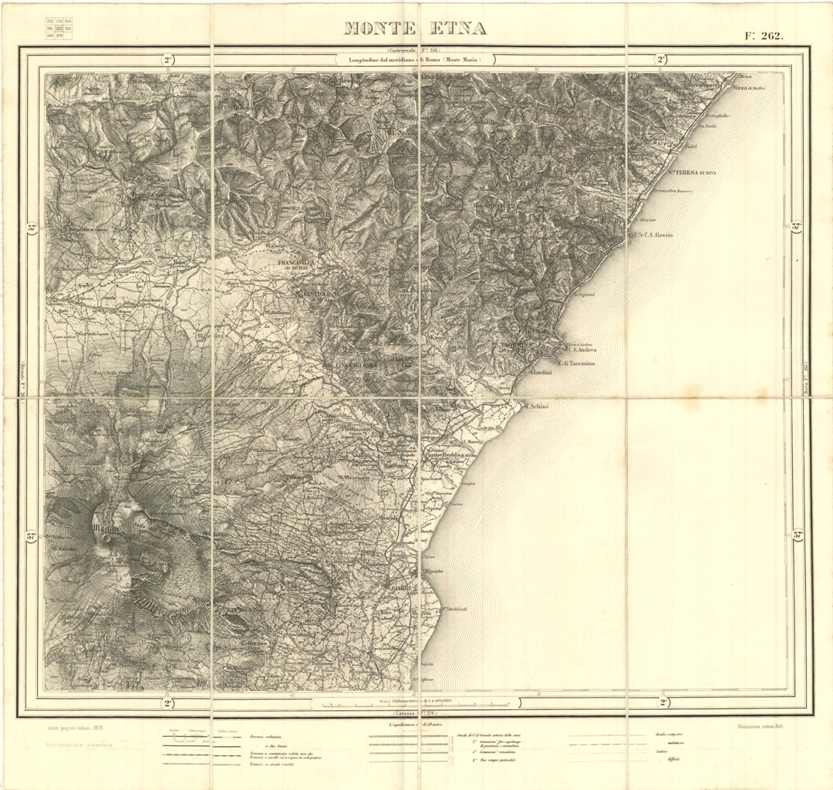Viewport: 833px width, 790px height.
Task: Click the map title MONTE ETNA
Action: [x=414, y=29]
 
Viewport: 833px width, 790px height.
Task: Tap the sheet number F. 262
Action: [x=763, y=35]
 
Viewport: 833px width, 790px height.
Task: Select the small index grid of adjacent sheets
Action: [x=59, y=29]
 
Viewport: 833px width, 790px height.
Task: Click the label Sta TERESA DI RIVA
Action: [x=692, y=173]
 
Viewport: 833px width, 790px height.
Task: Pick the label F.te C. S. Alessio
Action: [x=652, y=235]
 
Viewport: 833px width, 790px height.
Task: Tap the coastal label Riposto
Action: [x=433, y=572]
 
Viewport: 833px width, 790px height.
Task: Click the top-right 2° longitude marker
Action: [x=661, y=59]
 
